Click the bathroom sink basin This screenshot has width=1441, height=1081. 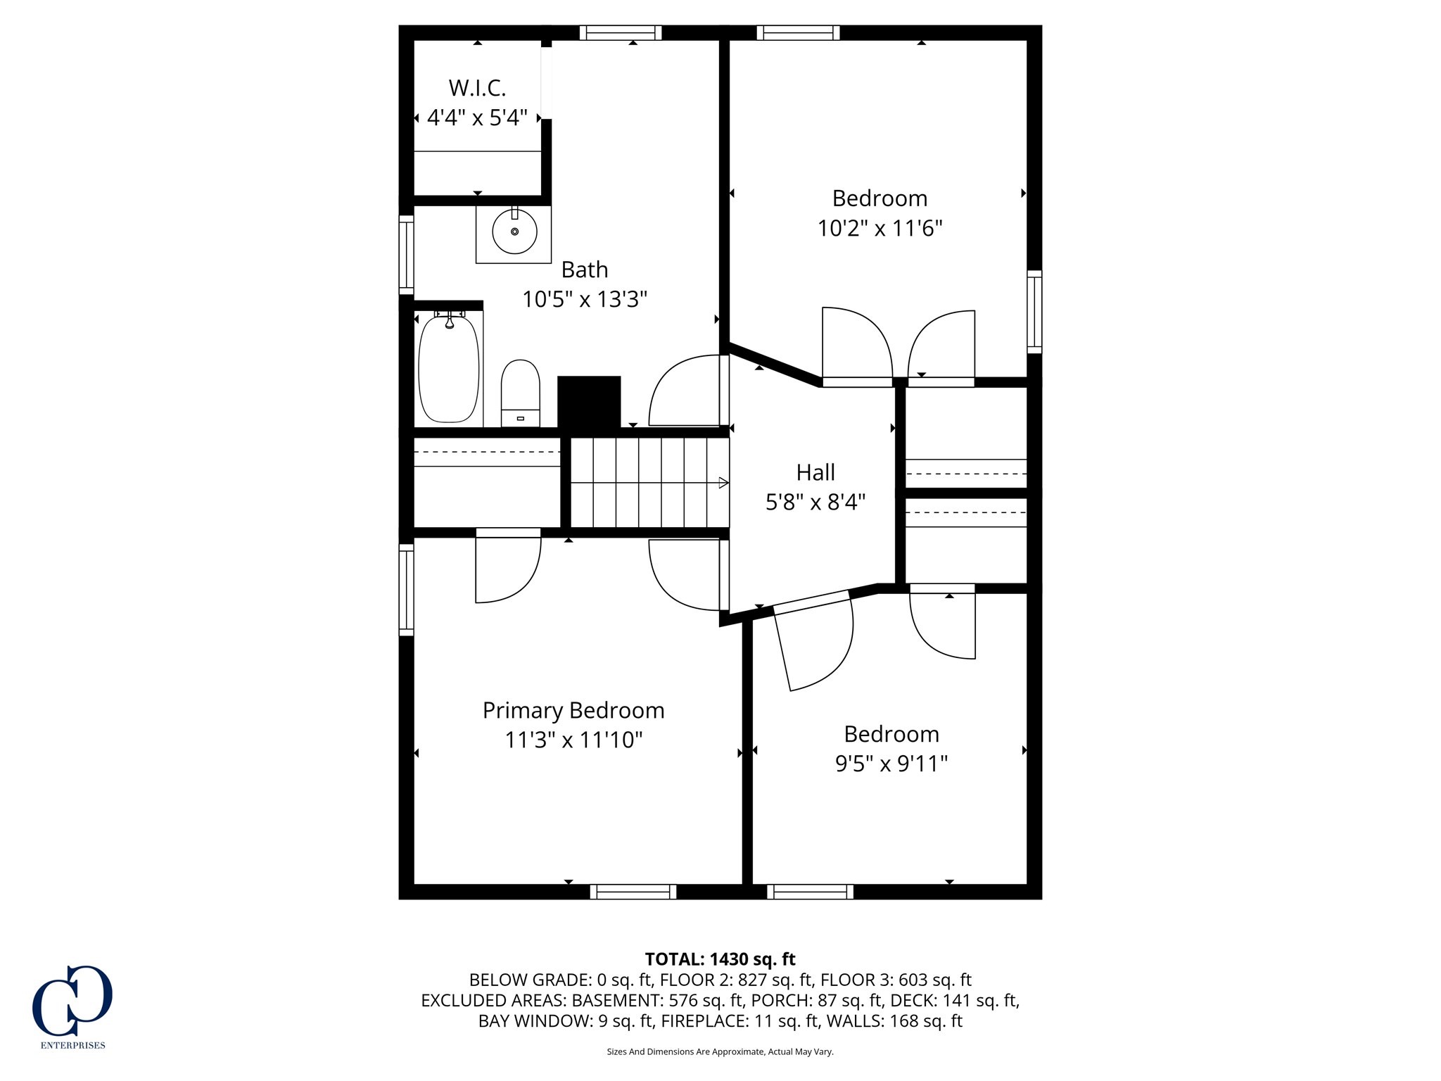pos(514,232)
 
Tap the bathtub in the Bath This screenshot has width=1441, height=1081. pos(449,369)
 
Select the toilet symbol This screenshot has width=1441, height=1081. pos(520,393)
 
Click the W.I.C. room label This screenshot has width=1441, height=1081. pos(477,89)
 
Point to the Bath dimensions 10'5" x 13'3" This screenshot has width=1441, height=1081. pos(584,300)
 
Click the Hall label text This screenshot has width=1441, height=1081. pos(815,472)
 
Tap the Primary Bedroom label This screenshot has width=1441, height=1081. pos(573,711)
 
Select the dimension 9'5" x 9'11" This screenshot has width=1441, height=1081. pos(891,764)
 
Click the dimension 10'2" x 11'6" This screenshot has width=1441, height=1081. pos(880,229)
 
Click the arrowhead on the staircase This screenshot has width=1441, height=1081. pos(723,483)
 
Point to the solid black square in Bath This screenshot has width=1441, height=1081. pos(589,402)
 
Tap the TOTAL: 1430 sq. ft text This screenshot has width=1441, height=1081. pos(720,959)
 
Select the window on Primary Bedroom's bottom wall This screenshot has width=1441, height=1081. pos(633,892)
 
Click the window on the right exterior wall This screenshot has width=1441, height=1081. pos(1034,311)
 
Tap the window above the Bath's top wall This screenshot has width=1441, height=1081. pos(621,32)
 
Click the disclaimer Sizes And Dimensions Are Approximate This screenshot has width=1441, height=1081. pos(720,1051)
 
